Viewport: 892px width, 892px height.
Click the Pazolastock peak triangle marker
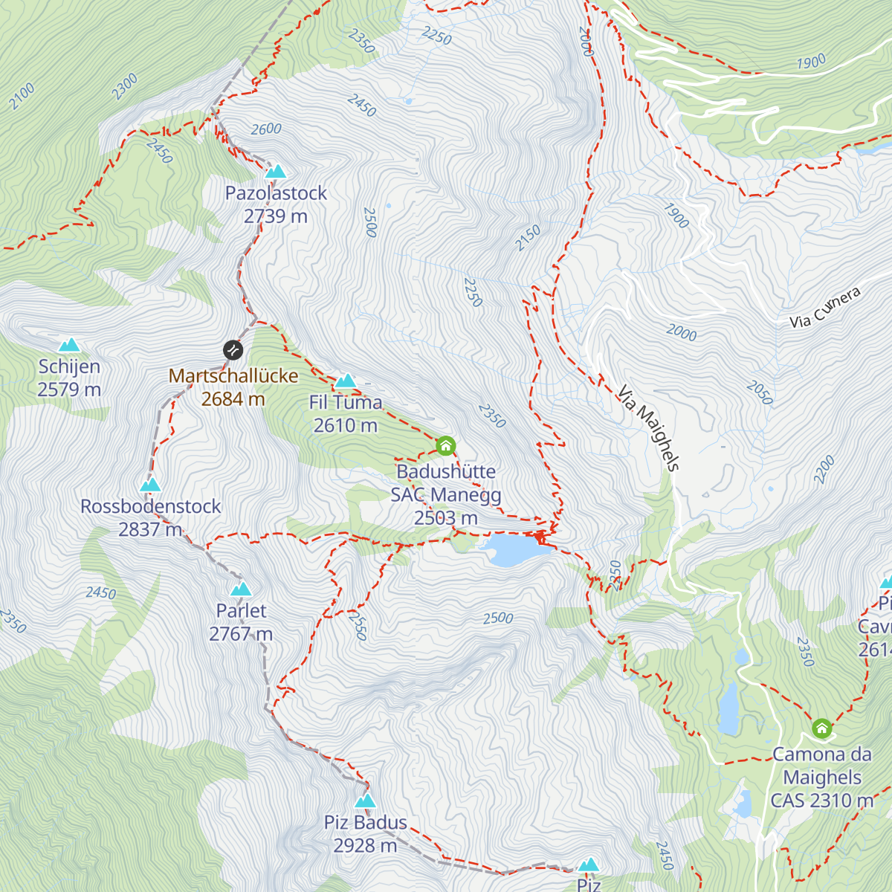(276, 172)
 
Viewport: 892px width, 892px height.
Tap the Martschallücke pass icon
(233, 349)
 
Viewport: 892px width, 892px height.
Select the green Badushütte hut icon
(445, 446)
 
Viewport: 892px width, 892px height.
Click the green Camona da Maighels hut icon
(821, 728)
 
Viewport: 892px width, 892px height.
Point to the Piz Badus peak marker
(365, 801)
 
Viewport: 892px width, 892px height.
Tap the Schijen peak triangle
(69, 345)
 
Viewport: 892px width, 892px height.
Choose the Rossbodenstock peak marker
(150, 485)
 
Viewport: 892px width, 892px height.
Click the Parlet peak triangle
(240, 590)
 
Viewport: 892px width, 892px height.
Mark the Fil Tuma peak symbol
(345, 382)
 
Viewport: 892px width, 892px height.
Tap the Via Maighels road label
(648, 429)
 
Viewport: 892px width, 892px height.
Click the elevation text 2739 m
(276, 216)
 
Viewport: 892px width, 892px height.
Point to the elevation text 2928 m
(365, 846)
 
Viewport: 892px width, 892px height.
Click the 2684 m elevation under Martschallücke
(233, 399)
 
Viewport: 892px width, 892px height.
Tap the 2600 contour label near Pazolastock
(266, 129)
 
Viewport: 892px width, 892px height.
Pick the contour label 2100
(22, 97)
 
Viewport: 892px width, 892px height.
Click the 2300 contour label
(125, 86)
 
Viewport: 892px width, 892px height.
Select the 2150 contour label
(528, 239)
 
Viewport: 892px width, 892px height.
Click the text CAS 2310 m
(821, 801)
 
